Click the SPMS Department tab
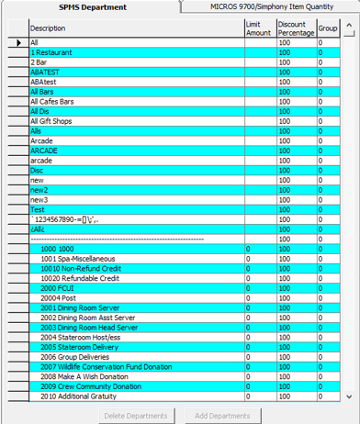[x=86, y=6]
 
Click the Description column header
[x=48, y=28]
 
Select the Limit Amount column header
[x=259, y=28]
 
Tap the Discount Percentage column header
[x=295, y=28]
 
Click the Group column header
[x=328, y=28]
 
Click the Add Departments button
[x=222, y=416]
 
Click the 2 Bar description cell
[x=39, y=61]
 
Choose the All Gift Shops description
[x=54, y=119]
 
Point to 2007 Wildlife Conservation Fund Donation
[x=106, y=367]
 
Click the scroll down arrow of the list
[x=348, y=396]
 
